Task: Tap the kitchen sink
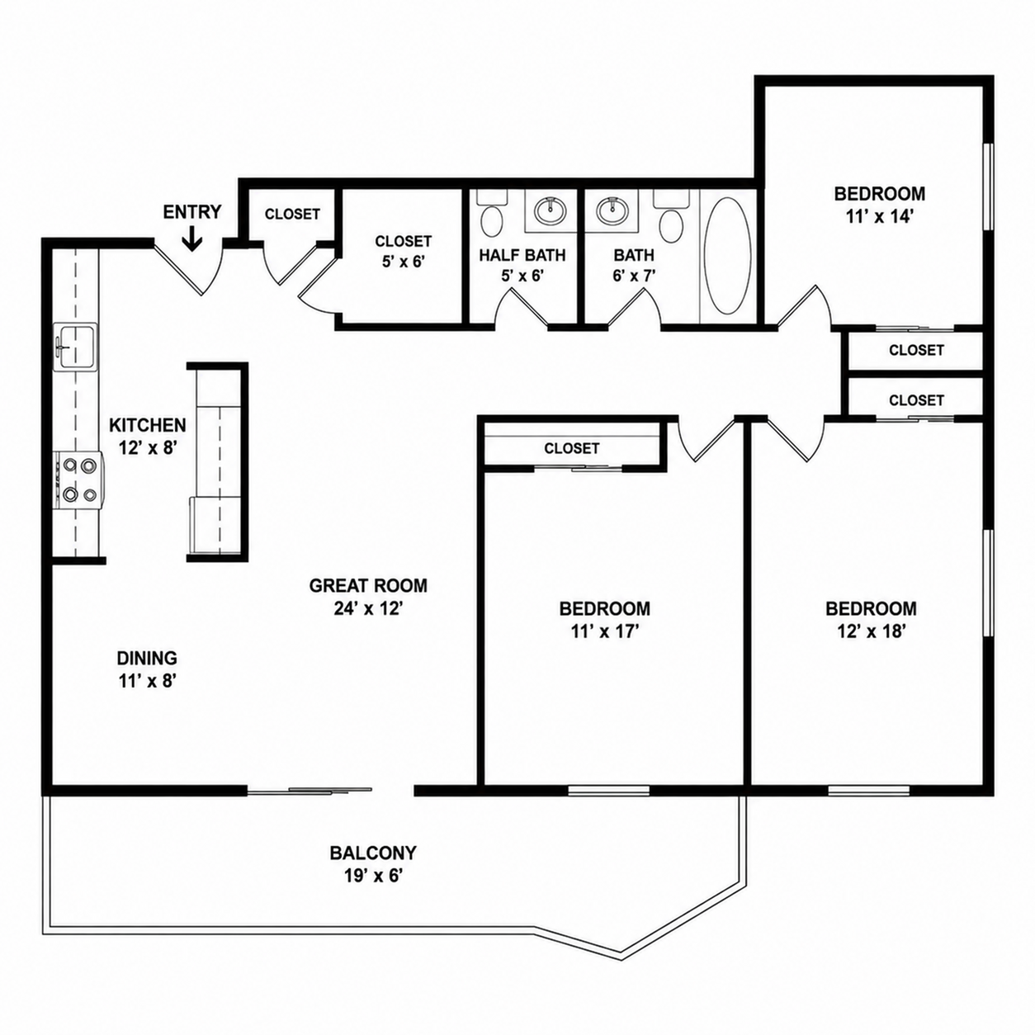pyautogui.click(x=76, y=346)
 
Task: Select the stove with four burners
pyautogui.click(x=78, y=480)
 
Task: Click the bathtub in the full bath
pyautogui.click(x=727, y=256)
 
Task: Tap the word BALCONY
pyautogui.click(x=373, y=853)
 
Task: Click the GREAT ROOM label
pyautogui.click(x=368, y=585)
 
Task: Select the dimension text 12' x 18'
pyautogui.click(x=872, y=631)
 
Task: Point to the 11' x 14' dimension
pyautogui.click(x=879, y=216)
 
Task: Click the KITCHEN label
pyautogui.click(x=148, y=425)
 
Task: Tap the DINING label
pyautogui.click(x=147, y=658)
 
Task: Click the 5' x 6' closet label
pyautogui.click(x=403, y=262)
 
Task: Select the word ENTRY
pyautogui.click(x=191, y=212)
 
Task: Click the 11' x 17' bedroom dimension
pyautogui.click(x=604, y=631)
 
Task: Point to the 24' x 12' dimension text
pyautogui.click(x=368, y=608)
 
